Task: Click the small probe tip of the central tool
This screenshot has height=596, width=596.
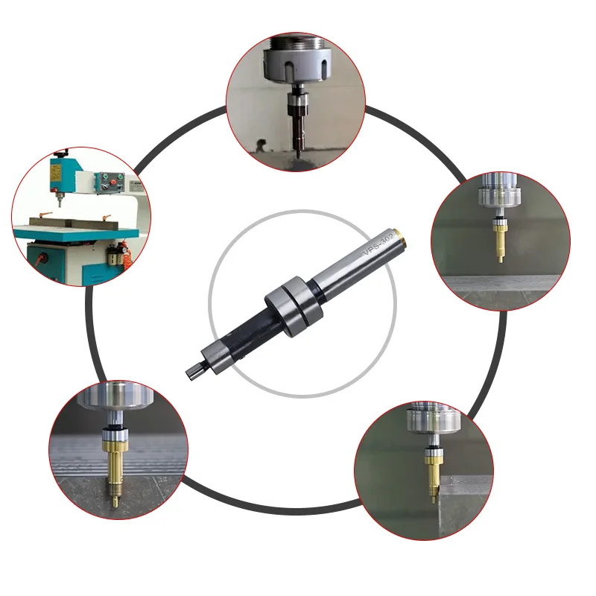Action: (190, 367)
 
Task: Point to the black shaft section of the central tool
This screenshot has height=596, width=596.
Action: (246, 336)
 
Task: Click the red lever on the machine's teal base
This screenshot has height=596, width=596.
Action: (37, 260)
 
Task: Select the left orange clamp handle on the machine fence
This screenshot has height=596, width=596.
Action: (45, 217)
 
